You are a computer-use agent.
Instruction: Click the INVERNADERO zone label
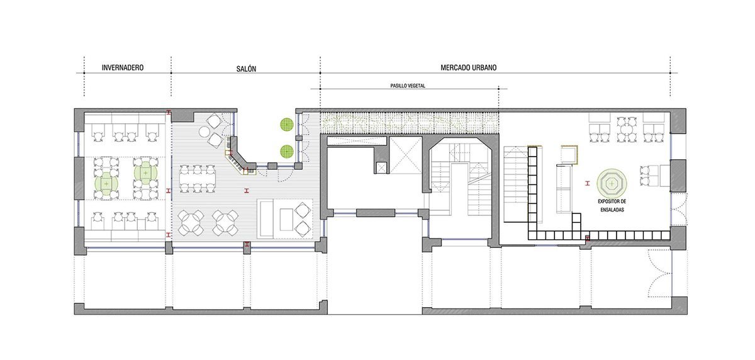tap(123, 68)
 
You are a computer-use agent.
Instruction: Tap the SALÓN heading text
tap(246, 69)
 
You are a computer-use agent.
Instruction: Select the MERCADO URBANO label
tap(469, 68)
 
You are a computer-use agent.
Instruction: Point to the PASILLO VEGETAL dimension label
tap(408, 86)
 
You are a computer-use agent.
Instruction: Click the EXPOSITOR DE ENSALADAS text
tap(612, 206)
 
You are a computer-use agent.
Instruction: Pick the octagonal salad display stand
tap(612, 184)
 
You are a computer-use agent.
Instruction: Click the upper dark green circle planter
tap(287, 125)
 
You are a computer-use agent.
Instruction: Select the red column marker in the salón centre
tap(247, 191)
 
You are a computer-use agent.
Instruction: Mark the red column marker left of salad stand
tap(588, 183)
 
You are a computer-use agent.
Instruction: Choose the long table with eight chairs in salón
tap(197, 179)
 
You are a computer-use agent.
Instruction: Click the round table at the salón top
tap(204, 132)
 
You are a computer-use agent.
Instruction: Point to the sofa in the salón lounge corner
tap(266, 219)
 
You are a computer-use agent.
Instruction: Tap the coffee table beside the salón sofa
tap(286, 220)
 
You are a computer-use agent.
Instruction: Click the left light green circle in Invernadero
tap(106, 184)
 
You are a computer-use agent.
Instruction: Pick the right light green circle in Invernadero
tap(145, 173)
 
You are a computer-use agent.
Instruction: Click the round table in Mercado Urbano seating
tap(627, 130)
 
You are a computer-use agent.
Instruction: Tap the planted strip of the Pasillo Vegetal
tap(409, 123)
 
